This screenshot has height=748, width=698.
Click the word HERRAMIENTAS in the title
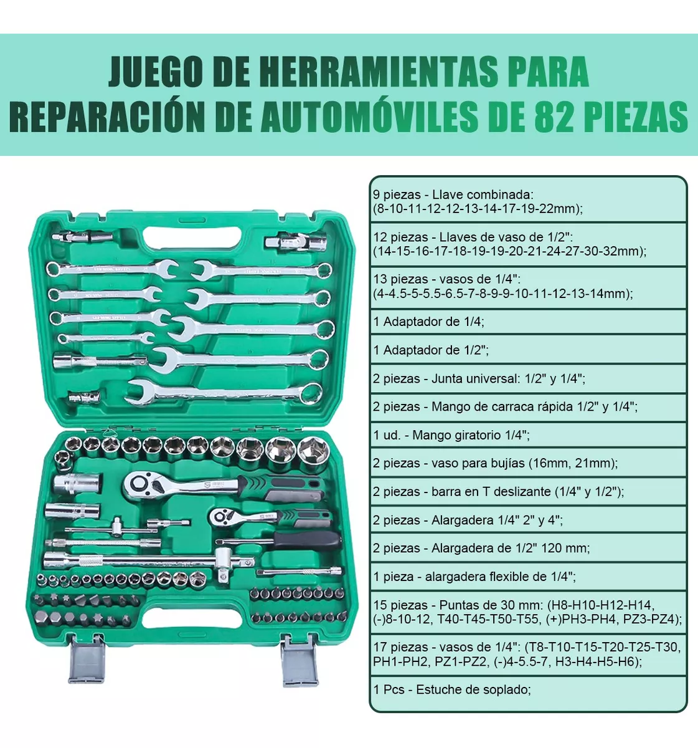click(379, 72)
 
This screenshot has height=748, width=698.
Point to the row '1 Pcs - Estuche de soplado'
click(452, 689)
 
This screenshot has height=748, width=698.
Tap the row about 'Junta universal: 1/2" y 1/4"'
click(479, 378)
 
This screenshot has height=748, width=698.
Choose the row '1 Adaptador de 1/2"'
click(431, 350)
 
